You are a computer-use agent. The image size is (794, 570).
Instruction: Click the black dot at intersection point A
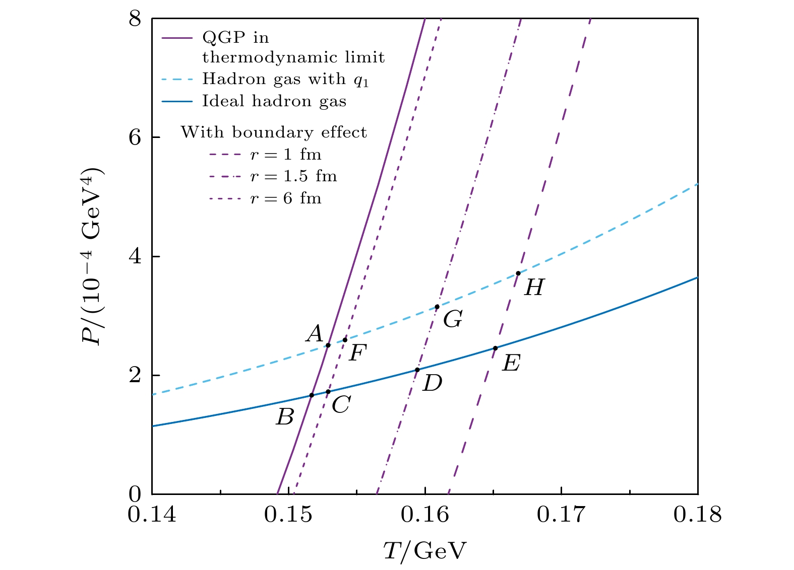[328, 345]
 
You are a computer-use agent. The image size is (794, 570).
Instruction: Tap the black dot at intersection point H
[518, 273]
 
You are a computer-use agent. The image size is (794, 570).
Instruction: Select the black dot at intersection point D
[417, 370]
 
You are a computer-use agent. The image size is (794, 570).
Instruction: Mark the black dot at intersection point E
[495, 348]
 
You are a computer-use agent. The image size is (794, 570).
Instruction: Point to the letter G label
[453, 319]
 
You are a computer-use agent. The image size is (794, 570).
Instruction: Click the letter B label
[285, 417]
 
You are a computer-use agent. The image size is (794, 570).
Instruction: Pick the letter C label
[341, 404]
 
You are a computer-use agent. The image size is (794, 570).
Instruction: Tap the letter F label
[357, 353]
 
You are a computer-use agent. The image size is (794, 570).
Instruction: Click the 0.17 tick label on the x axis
[561, 515]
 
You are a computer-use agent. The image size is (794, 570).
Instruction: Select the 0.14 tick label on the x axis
[152, 515]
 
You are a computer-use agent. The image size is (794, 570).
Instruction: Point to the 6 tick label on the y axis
[135, 137]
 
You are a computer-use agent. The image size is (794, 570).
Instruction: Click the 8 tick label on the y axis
[135, 19]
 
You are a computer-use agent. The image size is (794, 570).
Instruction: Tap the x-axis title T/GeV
[424, 551]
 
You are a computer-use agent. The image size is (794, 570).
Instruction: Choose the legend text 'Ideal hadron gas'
[274, 101]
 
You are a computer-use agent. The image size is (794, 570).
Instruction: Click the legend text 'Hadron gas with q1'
[285, 79]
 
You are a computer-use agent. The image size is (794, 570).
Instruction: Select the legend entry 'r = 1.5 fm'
[293, 176]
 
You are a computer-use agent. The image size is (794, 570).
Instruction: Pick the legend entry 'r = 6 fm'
[286, 198]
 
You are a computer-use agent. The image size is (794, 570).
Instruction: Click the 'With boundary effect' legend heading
[274, 132]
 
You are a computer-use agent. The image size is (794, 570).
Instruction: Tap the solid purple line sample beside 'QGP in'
[177, 38]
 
